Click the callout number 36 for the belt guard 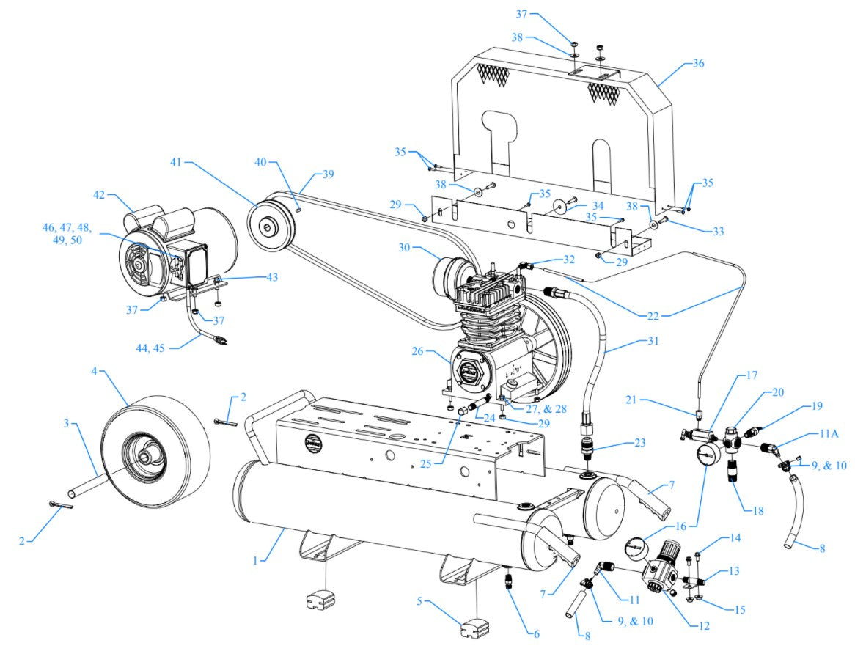pyautogui.click(x=697, y=63)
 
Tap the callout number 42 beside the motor pyautogui.click(x=99, y=195)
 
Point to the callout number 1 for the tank pyautogui.click(x=256, y=560)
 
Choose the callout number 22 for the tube pyautogui.click(x=653, y=316)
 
